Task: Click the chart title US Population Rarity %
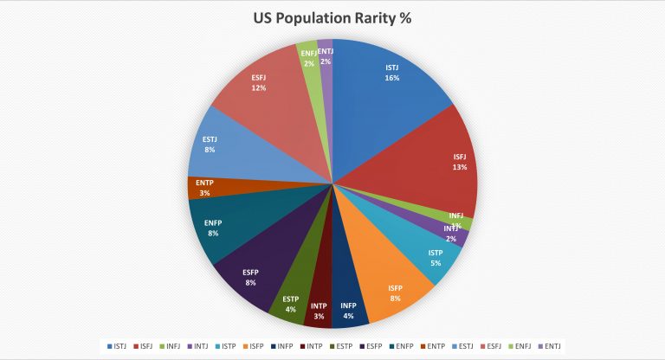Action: [x=332, y=17]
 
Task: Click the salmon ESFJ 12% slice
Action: [x=260, y=82]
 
